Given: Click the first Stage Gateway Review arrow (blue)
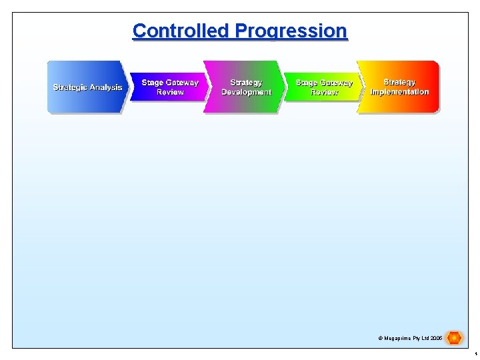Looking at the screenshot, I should [169, 87].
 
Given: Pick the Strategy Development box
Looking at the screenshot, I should [246, 87].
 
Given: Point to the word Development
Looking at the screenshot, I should [246, 92].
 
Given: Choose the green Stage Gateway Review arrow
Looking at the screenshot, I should [324, 87].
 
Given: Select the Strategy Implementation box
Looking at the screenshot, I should [399, 87].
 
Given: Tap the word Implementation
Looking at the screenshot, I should [399, 92].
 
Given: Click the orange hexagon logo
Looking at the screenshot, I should [454, 338].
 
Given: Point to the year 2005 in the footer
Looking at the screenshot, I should [436, 339].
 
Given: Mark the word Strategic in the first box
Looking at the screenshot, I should [69, 87].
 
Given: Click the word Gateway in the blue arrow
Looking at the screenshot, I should [182, 83].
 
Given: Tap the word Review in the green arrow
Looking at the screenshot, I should [324, 92].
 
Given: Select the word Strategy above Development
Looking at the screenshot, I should [246, 83].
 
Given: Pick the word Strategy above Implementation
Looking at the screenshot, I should [399, 83].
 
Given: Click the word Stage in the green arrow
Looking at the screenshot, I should [306, 83].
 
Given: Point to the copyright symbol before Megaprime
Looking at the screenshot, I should [380, 339].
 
